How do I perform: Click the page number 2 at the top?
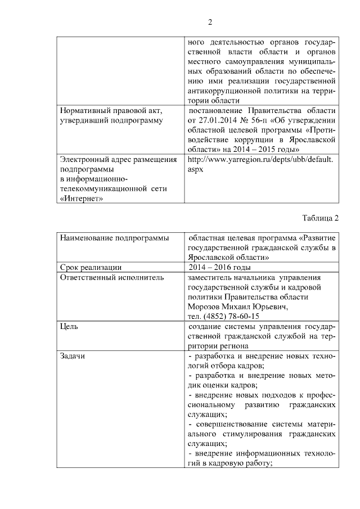click(210, 22)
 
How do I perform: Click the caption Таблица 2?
click(320, 218)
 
